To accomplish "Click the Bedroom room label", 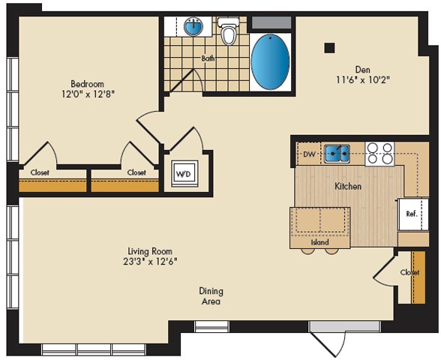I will click(x=87, y=83).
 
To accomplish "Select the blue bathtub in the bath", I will click(x=271, y=61).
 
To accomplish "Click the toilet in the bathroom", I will click(x=229, y=31).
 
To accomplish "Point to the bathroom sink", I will click(x=193, y=27).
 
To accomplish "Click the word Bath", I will click(x=209, y=58).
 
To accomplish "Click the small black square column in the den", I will click(x=328, y=47).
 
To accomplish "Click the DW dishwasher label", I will click(x=308, y=155).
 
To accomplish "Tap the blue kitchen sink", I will click(x=337, y=154).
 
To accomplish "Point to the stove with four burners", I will click(x=379, y=154).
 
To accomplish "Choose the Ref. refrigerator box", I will click(x=412, y=214).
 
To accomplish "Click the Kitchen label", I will click(x=348, y=186).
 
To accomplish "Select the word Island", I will click(x=320, y=242).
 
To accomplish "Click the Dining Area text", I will click(x=211, y=296).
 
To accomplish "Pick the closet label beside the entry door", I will click(x=409, y=272).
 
